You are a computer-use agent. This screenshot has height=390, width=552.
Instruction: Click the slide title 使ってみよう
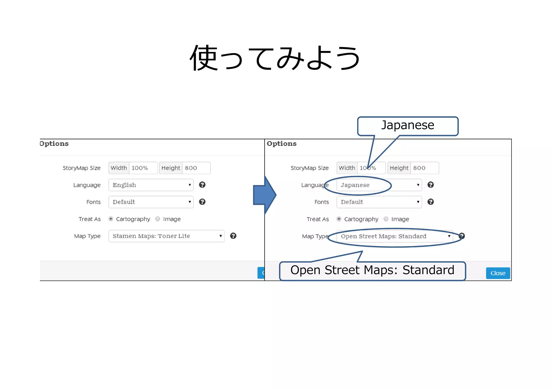click(x=275, y=58)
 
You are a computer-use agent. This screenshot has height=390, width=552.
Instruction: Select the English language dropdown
click(x=151, y=185)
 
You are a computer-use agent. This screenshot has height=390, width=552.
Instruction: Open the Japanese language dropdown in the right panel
click(x=379, y=185)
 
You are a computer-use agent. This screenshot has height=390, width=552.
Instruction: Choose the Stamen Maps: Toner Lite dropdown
click(x=166, y=236)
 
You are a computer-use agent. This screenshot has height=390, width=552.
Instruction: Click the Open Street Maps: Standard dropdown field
click(x=395, y=236)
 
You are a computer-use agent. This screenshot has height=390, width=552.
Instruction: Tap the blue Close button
click(x=498, y=273)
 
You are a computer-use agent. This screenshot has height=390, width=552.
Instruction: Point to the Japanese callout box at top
click(x=408, y=126)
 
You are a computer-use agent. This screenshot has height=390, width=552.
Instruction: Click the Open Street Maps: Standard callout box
click(x=372, y=271)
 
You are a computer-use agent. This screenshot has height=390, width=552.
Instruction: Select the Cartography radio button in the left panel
click(x=111, y=219)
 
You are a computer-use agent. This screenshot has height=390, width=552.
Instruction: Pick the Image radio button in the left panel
click(x=158, y=219)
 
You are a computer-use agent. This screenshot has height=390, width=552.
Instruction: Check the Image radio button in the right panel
click(x=386, y=219)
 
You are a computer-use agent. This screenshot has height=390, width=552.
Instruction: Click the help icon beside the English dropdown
click(x=202, y=185)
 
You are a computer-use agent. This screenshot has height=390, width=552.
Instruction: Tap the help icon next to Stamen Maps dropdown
click(x=233, y=236)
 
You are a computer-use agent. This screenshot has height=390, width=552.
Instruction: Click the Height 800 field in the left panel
click(x=196, y=168)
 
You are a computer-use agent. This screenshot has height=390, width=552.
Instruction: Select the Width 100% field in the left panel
click(x=143, y=168)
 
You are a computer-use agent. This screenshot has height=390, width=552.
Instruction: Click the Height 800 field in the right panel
click(x=424, y=168)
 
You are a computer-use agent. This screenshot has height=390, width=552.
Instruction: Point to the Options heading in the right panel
click(x=281, y=144)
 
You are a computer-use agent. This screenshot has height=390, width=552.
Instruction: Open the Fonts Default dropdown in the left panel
click(x=151, y=202)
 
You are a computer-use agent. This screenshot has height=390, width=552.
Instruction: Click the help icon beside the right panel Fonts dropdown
click(x=430, y=202)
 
